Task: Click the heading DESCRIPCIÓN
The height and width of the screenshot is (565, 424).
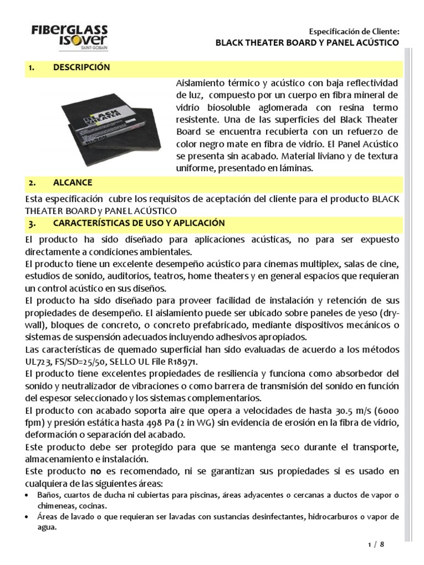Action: (82, 68)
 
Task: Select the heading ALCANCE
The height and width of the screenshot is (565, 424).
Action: (73, 183)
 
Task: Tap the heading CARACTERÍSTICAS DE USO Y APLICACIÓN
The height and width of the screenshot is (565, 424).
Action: (131, 223)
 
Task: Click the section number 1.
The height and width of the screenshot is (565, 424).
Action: (31, 68)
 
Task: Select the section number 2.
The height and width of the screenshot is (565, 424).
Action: (31, 183)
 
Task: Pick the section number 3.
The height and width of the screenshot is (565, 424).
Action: (31, 223)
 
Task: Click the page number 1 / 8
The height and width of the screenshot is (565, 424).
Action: (375, 545)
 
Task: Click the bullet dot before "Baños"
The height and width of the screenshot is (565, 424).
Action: (29, 495)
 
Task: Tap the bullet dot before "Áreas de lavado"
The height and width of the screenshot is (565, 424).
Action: (29, 517)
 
